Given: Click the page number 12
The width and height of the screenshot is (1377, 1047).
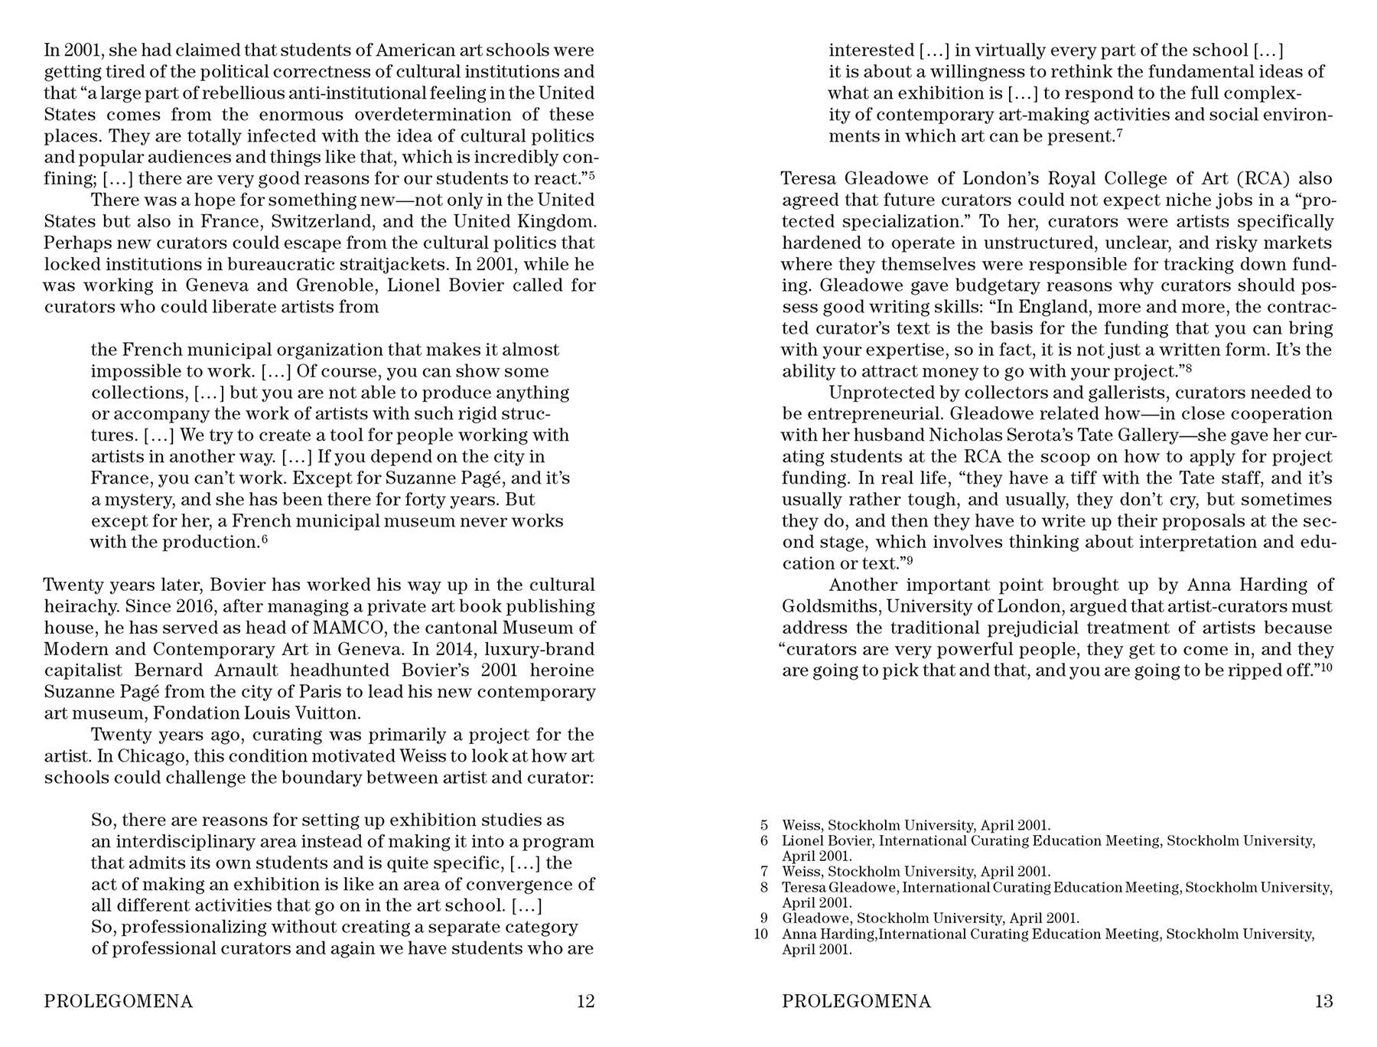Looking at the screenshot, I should (x=585, y=1001).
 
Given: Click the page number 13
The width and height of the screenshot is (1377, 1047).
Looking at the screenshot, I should (x=1323, y=1001).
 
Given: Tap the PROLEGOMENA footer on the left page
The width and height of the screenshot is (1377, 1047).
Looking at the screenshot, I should (x=119, y=1001).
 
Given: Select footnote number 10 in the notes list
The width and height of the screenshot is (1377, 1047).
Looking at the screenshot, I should (x=760, y=934).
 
